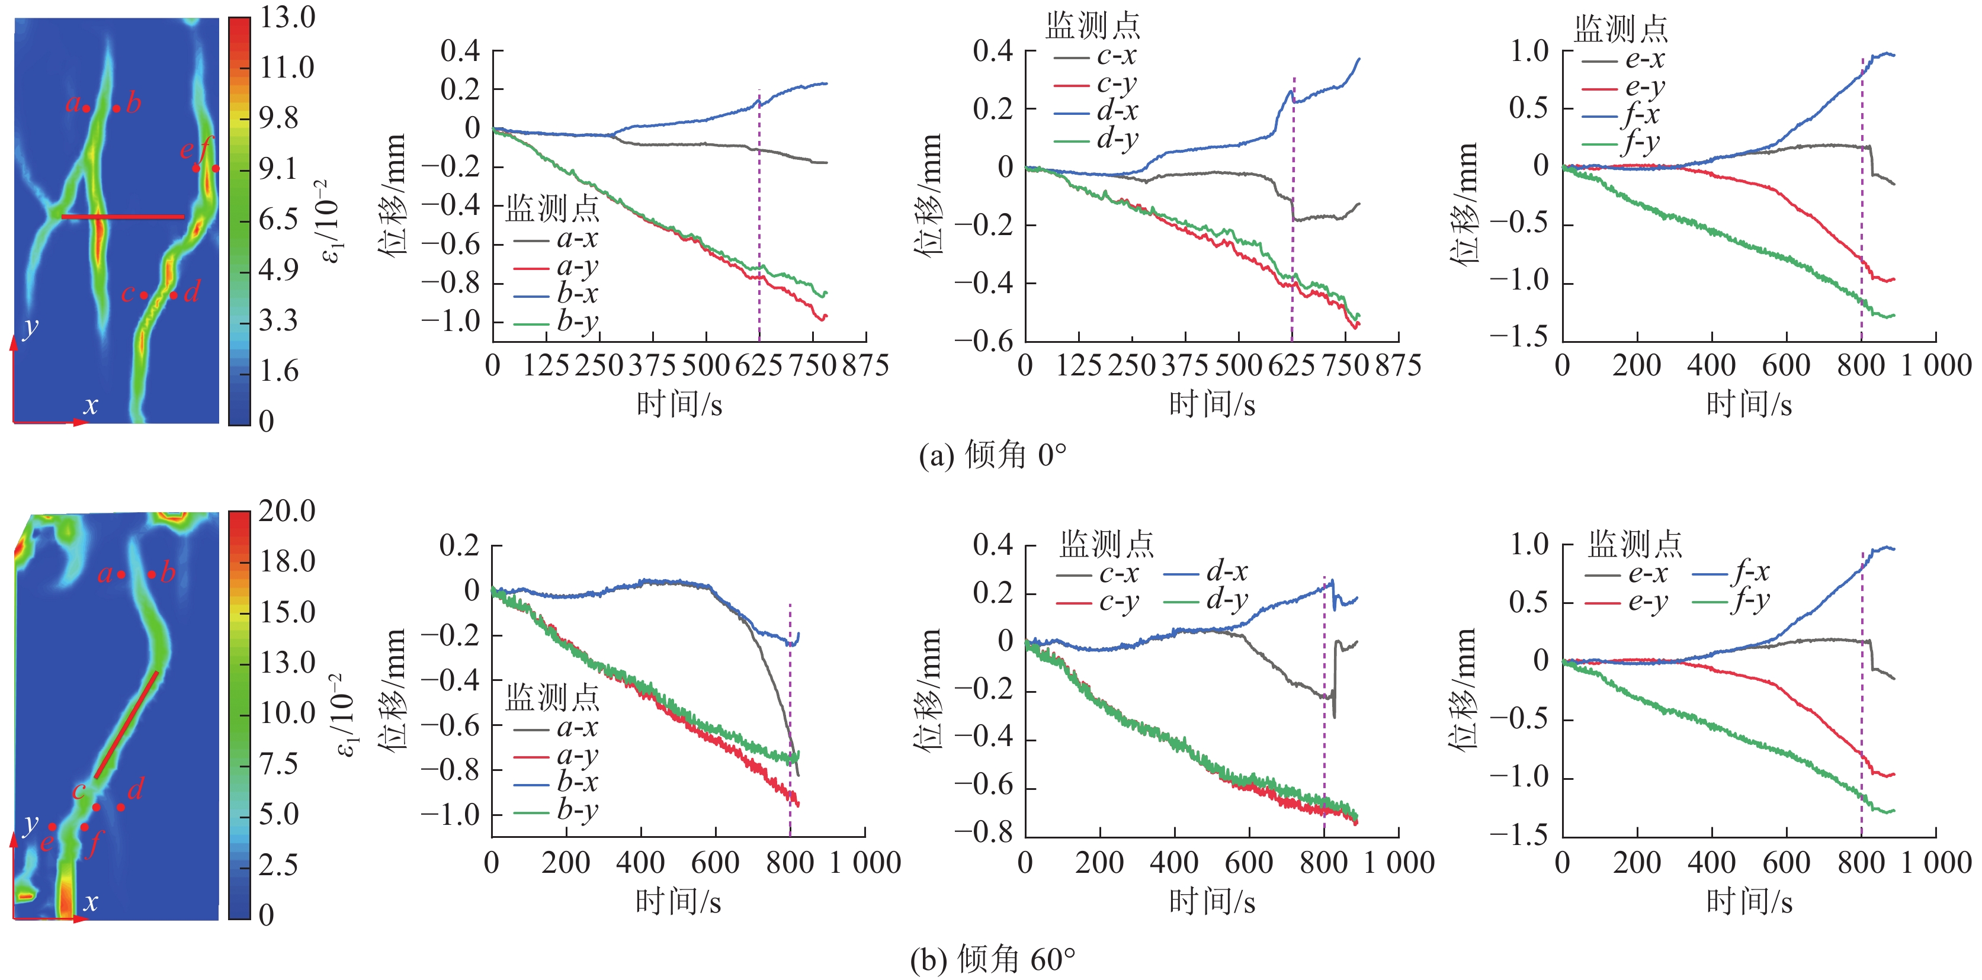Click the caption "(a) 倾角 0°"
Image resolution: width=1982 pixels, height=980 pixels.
click(993, 455)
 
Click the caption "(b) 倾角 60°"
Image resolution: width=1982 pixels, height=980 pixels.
click(993, 959)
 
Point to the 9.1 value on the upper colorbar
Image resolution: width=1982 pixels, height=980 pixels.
click(278, 168)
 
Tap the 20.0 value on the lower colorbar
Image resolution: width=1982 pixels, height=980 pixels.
click(286, 511)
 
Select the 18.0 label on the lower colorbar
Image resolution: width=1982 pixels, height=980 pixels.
click(286, 561)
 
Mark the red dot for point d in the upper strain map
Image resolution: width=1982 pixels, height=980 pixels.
click(174, 295)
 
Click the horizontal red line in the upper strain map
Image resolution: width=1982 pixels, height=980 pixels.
click(123, 217)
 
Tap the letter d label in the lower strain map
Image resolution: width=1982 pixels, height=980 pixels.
click(136, 789)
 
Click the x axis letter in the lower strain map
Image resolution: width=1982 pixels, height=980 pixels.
click(91, 901)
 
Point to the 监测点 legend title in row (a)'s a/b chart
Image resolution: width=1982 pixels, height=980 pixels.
click(551, 208)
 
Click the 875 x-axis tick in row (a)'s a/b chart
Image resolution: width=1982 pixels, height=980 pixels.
click(865, 365)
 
